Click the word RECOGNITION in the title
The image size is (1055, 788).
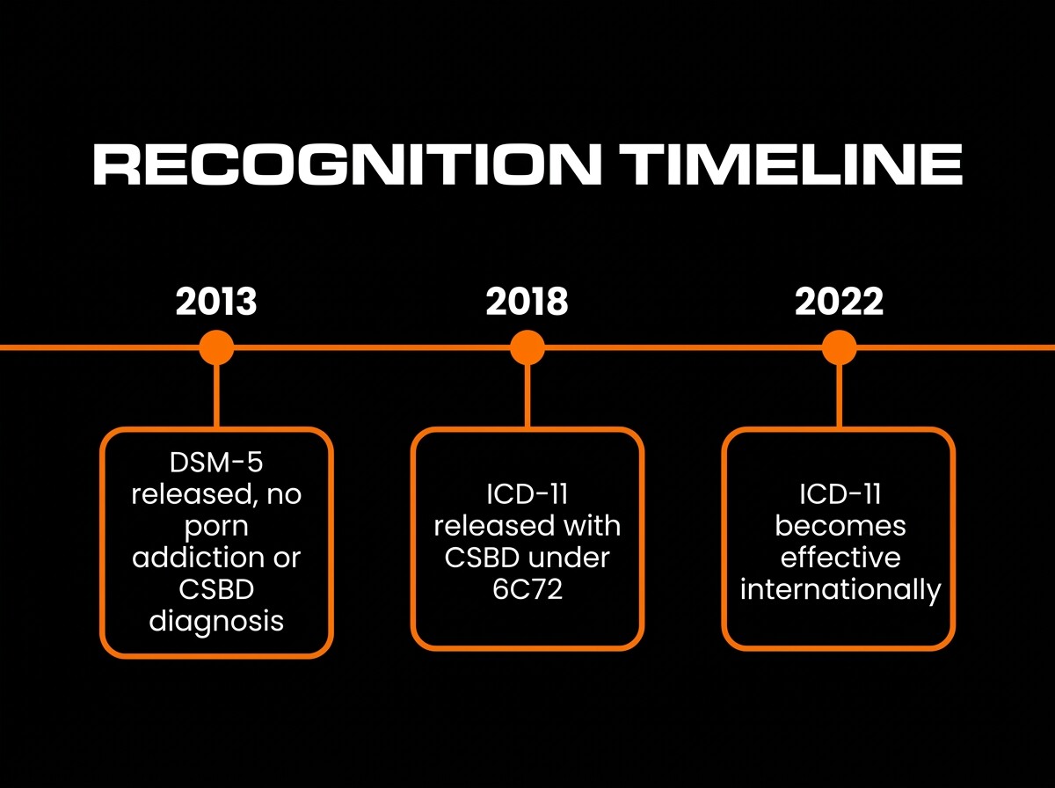click(347, 164)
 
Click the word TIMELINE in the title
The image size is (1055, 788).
click(790, 164)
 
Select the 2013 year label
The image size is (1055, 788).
click(216, 302)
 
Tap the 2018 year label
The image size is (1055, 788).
click(527, 302)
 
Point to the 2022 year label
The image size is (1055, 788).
click(840, 302)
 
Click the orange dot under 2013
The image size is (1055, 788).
click(216, 347)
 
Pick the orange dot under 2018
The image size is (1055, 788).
click(527, 347)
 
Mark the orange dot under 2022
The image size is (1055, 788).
click(840, 347)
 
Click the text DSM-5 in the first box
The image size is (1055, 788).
click(216, 463)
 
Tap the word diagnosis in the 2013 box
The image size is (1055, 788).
click(216, 621)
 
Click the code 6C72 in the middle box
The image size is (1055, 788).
click(527, 589)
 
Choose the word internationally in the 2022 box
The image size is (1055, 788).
click(840, 590)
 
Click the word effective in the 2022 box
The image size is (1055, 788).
click(840, 558)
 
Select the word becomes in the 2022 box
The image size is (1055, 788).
click(840, 526)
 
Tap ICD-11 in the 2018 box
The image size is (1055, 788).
click(527, 494)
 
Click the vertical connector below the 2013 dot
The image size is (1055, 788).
click(216, 395)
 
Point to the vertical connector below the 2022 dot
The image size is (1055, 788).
click(840, 395)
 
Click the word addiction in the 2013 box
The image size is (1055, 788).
click(198, 558)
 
